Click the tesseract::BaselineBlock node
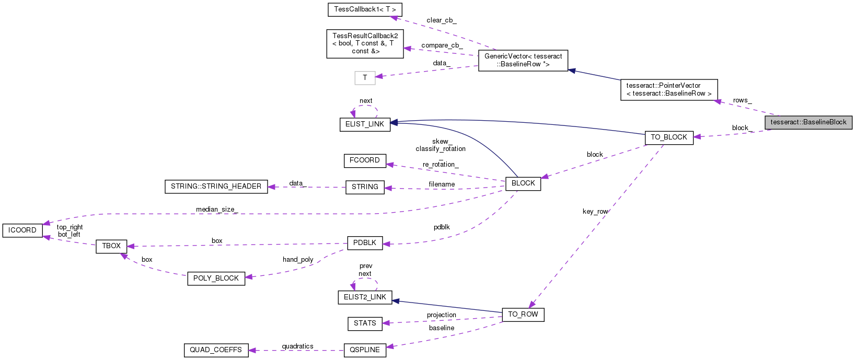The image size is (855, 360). coord(808,122)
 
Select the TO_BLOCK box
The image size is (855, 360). coord(669,137)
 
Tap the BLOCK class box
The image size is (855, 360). coord(523,183)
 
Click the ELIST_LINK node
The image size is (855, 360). coord(365,124)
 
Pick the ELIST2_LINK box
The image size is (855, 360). coord(365,297)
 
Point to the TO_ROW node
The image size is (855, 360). coord(523,315)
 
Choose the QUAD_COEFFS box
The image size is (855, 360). coord(215,350)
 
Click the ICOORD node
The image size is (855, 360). coord(22,230)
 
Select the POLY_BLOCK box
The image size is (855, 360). coord(216,278)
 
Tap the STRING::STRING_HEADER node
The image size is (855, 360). coord(216,187)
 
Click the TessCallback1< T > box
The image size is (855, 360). coord(365,9)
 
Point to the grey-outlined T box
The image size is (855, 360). coord(365,78)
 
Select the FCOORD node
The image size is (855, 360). coord(365,160)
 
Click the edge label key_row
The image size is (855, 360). coord(595,212)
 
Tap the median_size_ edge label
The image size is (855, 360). coord(216,210)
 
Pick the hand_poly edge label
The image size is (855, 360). coord(298,260)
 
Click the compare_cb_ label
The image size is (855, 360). coord(442,45)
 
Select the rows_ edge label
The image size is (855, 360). coord(742,100)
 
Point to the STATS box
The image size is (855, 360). coord(365,323)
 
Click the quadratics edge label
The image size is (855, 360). coord(297,346)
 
